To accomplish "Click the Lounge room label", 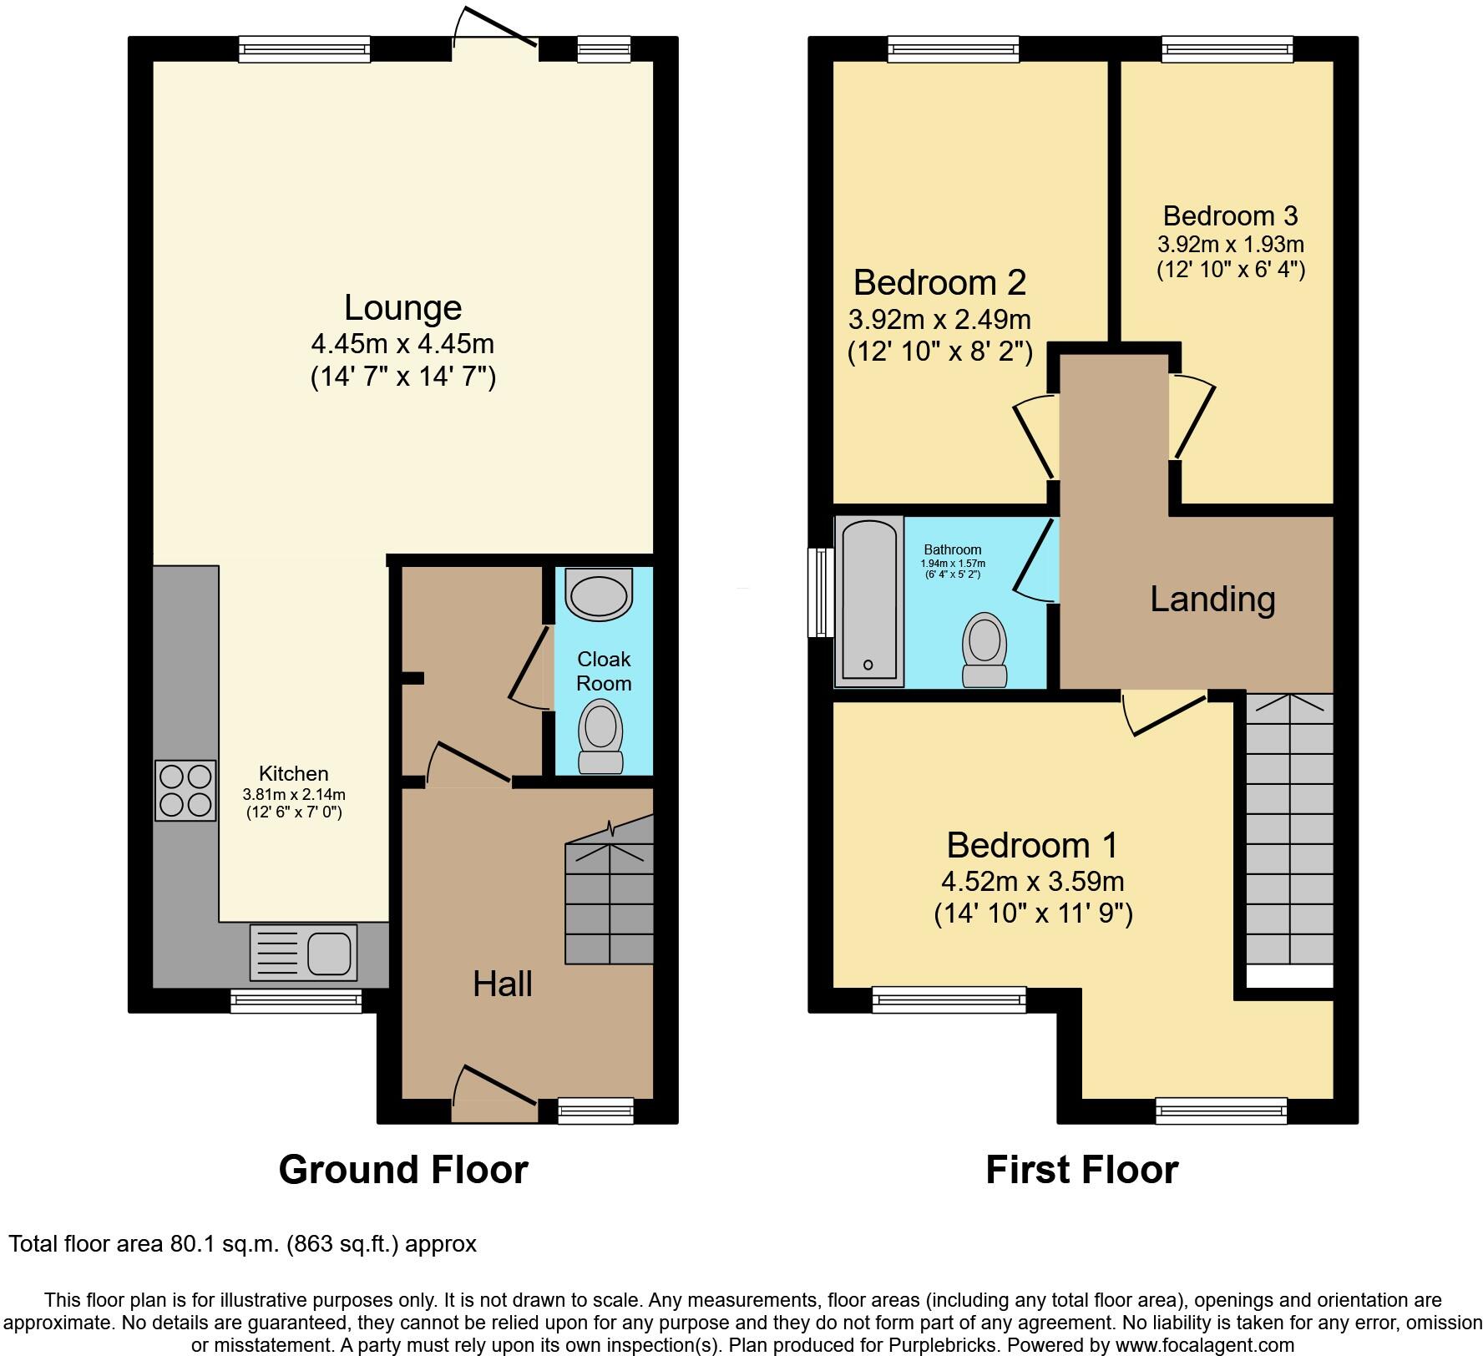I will [x=402, y=308].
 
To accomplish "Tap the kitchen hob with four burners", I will [x=185, y=790].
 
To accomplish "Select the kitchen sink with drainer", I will [x=303, y=952].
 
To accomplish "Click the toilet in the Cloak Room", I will [x=601, y=736].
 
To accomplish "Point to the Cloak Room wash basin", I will [x=598, y=595].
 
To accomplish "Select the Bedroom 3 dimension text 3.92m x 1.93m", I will [x=1230, y=245].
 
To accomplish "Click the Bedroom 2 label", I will [x=939, y=283].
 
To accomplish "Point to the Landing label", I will [x=1212, y=600].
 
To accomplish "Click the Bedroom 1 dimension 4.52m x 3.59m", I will [x=1032, y=881].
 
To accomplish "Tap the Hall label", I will [x=502, y=984].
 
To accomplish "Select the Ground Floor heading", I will [x=402, y=1170].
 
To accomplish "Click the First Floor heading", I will [x=1081, y=1170].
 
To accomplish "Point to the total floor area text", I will [x=242, y=1244].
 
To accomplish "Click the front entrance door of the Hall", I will [x=495, y=1095].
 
